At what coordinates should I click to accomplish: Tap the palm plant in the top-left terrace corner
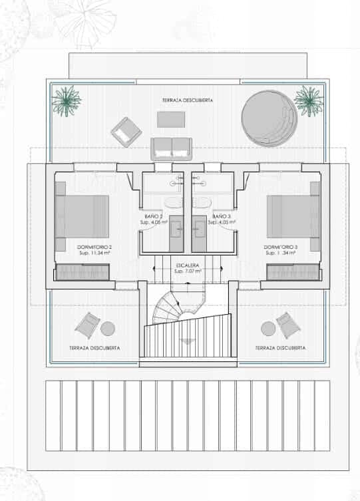click(x=67, y=100)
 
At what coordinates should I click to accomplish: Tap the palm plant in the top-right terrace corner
click(x=307, y=100)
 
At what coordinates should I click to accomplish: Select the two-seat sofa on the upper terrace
click(x=171, y=147)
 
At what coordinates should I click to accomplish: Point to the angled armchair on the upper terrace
click(x=126, y=131)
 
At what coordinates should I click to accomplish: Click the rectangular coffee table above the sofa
click(x=171, y=120)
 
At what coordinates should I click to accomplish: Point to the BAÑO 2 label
click(x=154, y=217)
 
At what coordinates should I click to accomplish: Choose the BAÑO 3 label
click(x=222, y=217)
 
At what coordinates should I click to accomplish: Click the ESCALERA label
click(x=188, y=265)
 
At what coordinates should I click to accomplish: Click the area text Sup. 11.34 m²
click(x=92, y=253)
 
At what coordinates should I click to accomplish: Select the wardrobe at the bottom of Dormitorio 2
click(x=82, y=271)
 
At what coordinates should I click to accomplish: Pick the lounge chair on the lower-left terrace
click(x=87, y=325)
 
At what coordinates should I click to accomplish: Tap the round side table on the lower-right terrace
click(x=268, y=328)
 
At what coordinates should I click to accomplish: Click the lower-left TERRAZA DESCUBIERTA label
click(x=94, y=348)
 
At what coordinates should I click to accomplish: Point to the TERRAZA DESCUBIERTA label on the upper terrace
click(x=188, y=100)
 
